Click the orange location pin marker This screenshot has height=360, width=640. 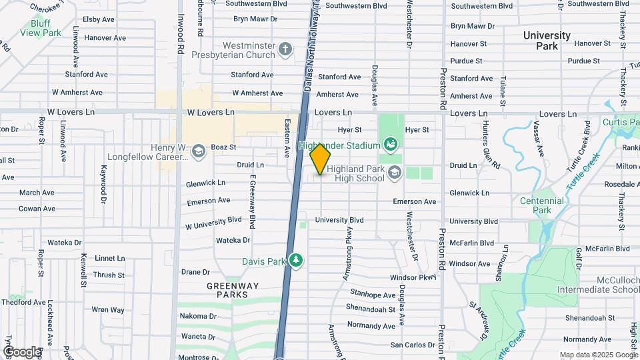click(x=321, y=158)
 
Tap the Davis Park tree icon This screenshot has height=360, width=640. click(x=296, y=260)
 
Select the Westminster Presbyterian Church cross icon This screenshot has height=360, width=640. click(x=285, y=49)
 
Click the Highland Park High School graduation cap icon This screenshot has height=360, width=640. click(x=394, y=173)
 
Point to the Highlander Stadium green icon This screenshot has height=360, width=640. click(x=390, y=144)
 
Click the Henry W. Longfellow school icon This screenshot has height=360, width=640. click(x=198, y=153)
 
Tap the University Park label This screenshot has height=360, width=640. click(x=547, y=41)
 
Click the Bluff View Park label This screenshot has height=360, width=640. click(x=36, y=27)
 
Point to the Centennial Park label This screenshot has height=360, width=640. click(x=542, y=205)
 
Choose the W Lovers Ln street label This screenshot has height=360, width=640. click(x=211, y=113)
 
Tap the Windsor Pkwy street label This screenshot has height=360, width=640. click(x=413, y=277)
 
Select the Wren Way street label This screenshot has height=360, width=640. click(x=108, y=309)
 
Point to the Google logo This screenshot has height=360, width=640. click(x=21, y=351)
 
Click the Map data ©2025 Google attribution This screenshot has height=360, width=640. click(x=598, y=355)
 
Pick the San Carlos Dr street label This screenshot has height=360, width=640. click(x=413, y=345)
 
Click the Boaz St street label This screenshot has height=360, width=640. click(x=224, y=147)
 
